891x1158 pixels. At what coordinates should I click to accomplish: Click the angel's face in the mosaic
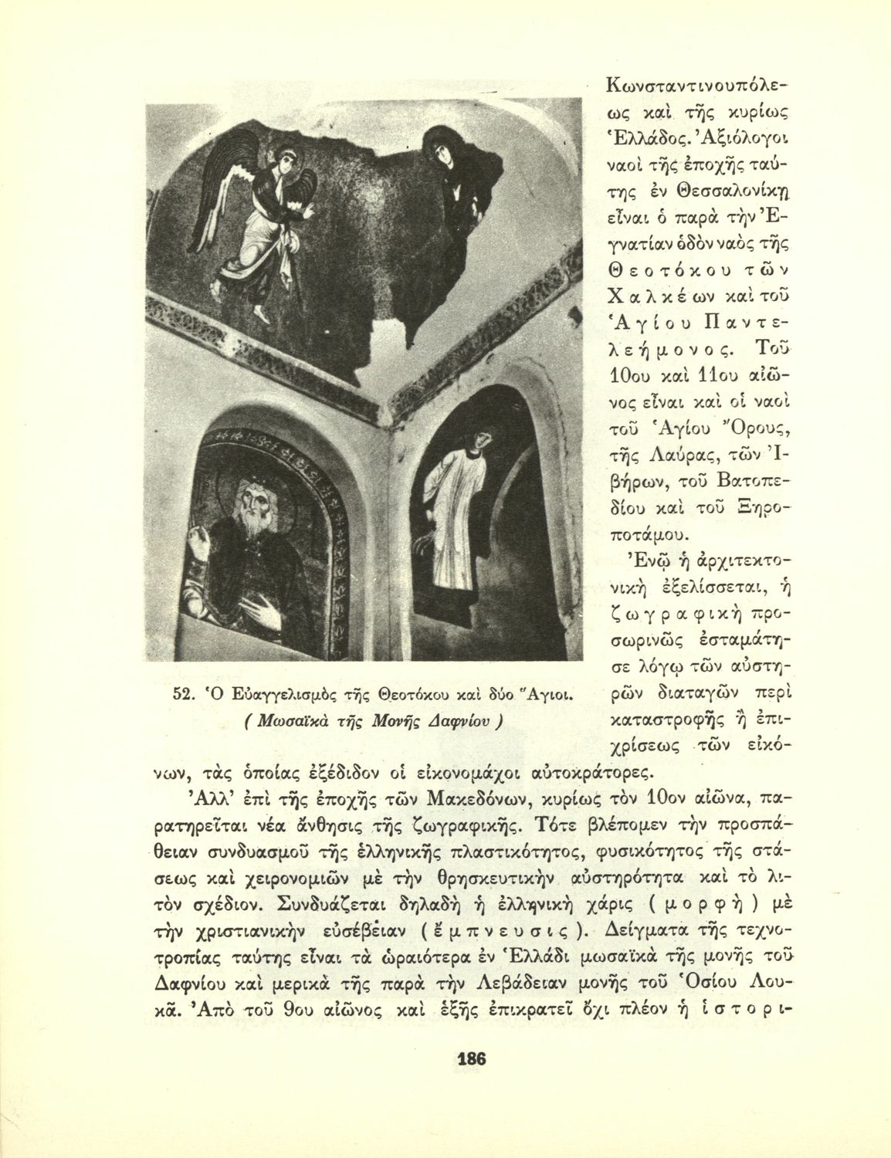coord(289,164)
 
